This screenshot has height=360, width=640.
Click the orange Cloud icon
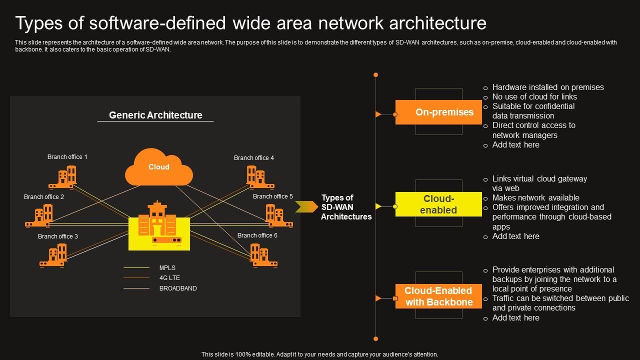159,167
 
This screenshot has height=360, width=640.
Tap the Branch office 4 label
254,158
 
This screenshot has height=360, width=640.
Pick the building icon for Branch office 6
263,255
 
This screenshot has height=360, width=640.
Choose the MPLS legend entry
167,268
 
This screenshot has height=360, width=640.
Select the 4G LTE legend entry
169,278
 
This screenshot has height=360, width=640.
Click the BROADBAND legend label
178,288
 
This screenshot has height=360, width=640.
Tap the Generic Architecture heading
155,115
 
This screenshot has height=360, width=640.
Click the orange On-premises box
438,112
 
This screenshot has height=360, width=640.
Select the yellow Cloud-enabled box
438,204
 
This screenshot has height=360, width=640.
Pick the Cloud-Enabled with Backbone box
438,296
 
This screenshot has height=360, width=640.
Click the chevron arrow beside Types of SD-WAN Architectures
305,206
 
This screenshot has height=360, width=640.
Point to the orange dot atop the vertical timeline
375,75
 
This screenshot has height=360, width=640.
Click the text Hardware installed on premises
548,87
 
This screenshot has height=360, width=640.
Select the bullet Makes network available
535,198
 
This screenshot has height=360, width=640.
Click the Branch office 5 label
273,196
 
